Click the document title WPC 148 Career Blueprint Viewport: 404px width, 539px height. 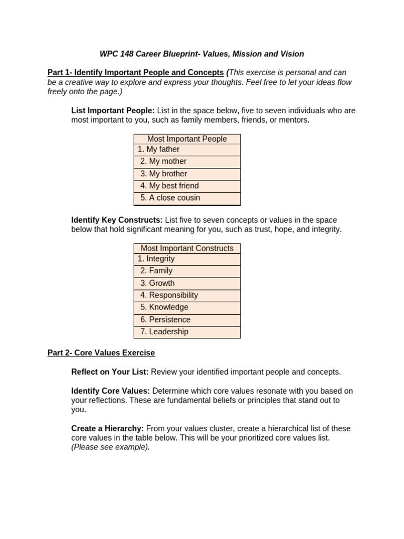[x=201, y=54]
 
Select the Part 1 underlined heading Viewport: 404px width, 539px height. [x=135, y=73]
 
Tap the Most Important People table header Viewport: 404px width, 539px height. [x=187, y=139]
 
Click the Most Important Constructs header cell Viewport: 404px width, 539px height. [x=187, y=248]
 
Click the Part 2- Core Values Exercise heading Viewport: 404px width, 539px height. [x=101, y=353]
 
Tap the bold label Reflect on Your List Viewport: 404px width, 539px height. [x=110, y=372]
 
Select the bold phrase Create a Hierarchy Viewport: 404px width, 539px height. [x=107, y=428]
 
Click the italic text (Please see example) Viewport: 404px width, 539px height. [x=110, y=447]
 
